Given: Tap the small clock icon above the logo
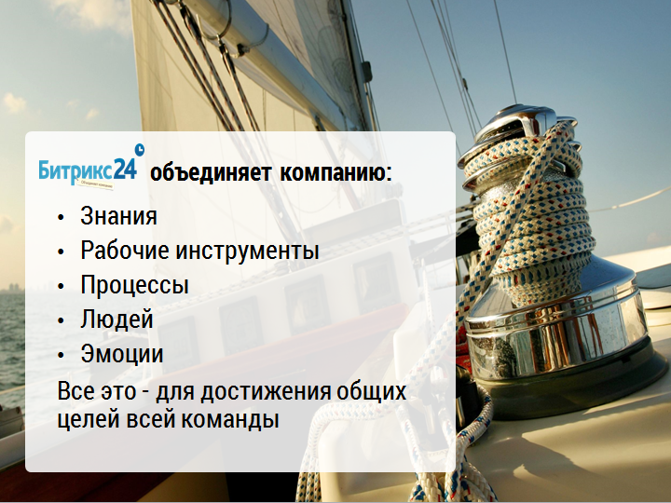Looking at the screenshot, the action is [140, 150].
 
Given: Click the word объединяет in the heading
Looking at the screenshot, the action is [211, 173].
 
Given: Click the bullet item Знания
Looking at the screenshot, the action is [118, 215].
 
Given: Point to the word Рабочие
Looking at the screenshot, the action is [125, 250].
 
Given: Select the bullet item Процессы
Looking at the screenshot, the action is [134, 285].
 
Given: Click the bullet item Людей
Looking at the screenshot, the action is [116, 319].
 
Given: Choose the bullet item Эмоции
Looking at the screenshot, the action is [122, 354].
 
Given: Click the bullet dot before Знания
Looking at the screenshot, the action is [61, 217].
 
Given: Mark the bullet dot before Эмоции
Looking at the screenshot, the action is [61, 355].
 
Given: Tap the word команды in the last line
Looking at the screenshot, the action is [229, 419].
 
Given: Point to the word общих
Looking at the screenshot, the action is [372, 391].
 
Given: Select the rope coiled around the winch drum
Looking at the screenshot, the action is [530, 214].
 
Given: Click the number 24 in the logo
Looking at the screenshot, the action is [126, 170].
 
